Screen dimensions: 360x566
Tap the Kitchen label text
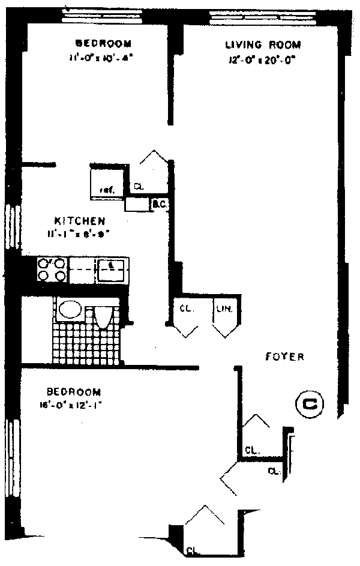tap(80, 220)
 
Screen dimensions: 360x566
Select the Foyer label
tap(285, 357)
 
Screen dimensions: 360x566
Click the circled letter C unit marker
tap(310, 403)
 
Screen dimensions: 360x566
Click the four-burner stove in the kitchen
tap(52, 269)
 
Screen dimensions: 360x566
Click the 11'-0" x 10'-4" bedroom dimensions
tap(100, 58)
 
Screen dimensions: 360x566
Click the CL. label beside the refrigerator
tap(139, 186)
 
